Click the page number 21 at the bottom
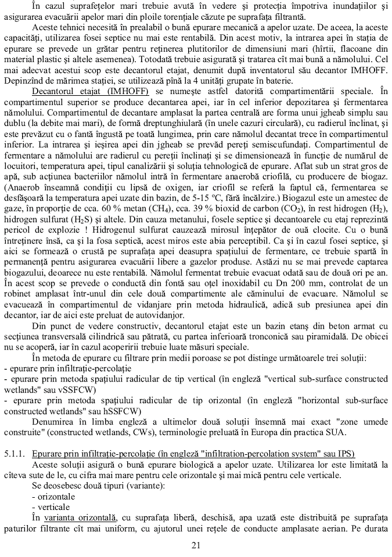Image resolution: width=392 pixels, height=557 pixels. click(196, 545)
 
